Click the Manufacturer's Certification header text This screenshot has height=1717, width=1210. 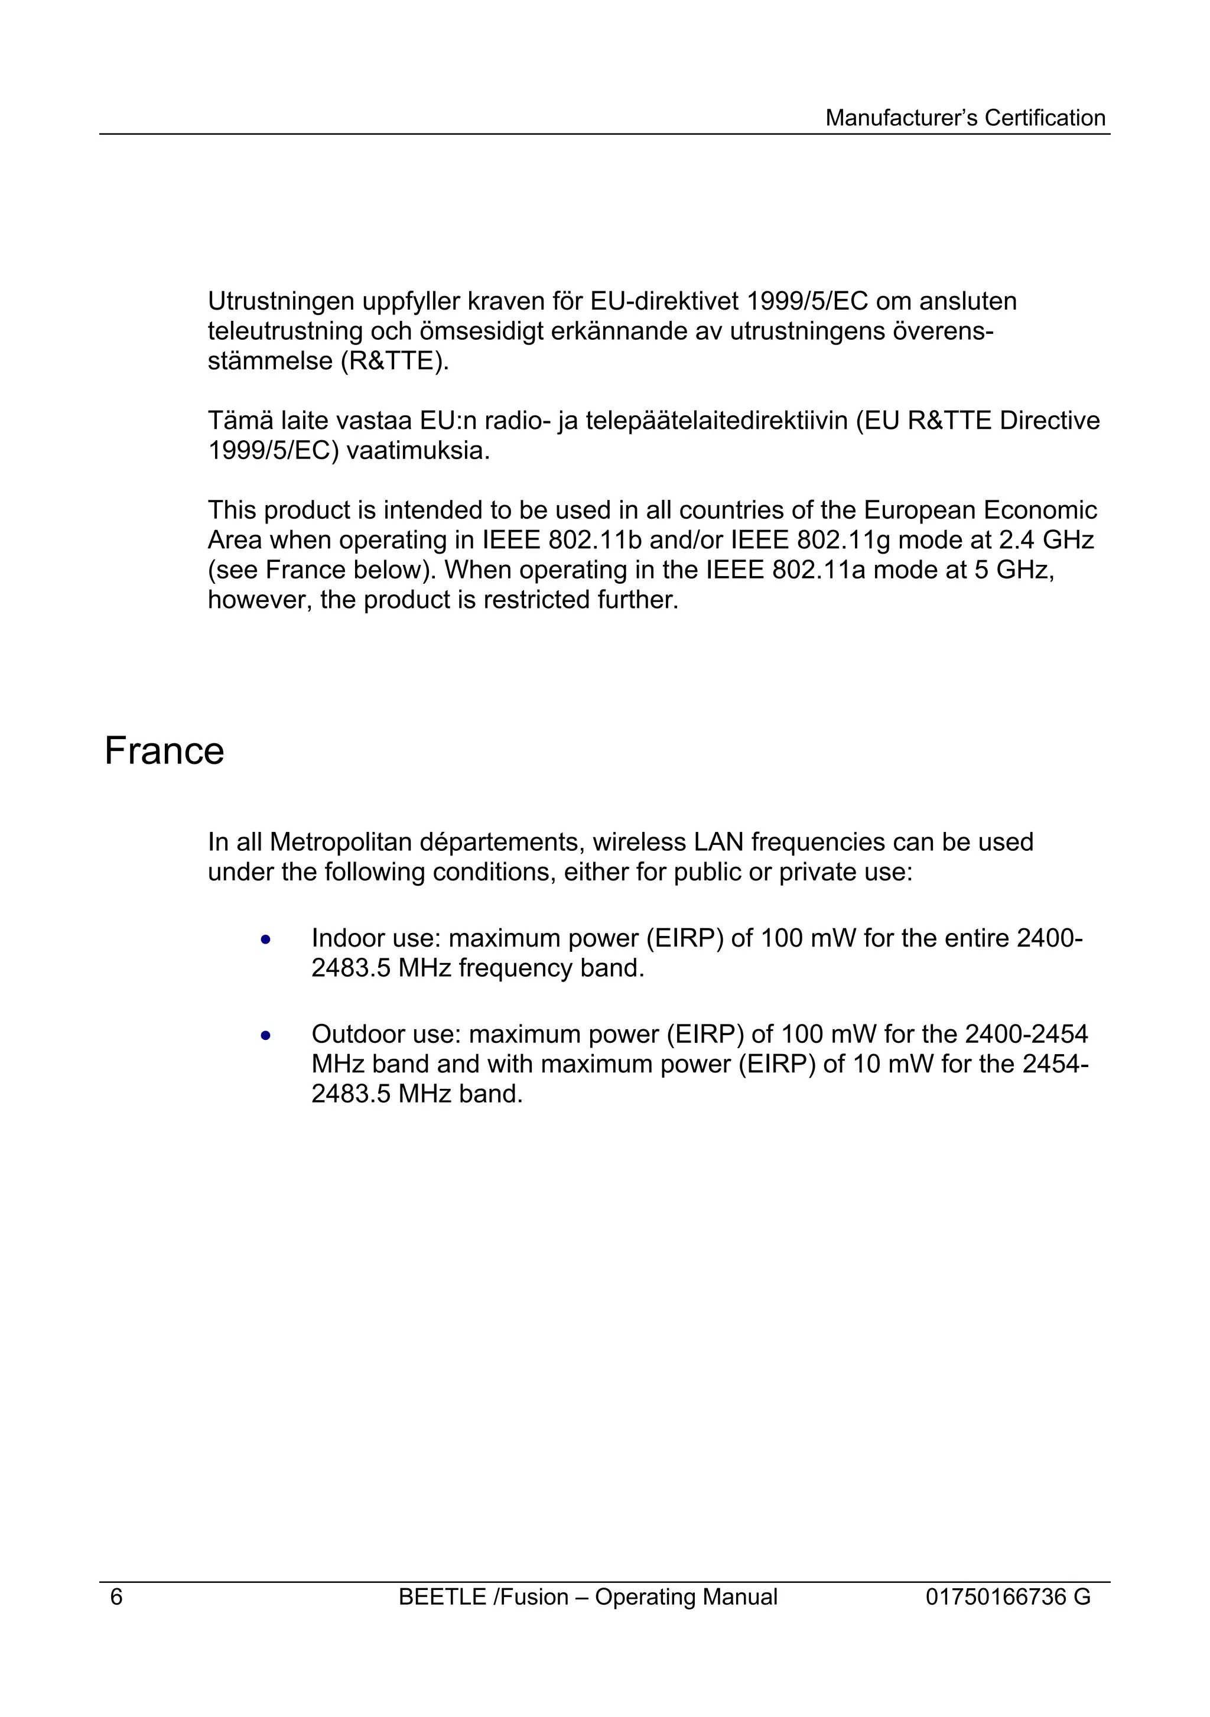965,118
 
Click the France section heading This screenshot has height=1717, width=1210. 164,751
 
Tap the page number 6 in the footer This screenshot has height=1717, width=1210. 116,1596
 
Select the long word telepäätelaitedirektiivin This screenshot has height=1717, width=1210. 717,421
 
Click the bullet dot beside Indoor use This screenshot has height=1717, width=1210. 265,940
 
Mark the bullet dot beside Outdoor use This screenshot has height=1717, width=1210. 265,1036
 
